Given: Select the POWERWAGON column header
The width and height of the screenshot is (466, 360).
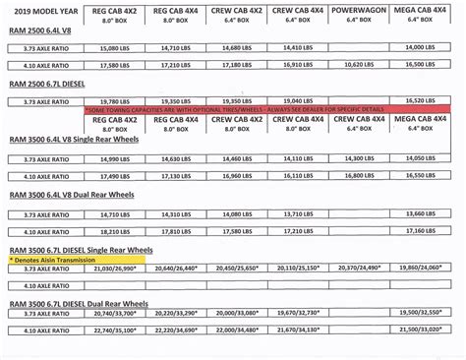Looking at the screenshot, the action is [359, 9].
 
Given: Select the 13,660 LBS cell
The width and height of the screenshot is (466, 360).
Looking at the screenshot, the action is [424, 212].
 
